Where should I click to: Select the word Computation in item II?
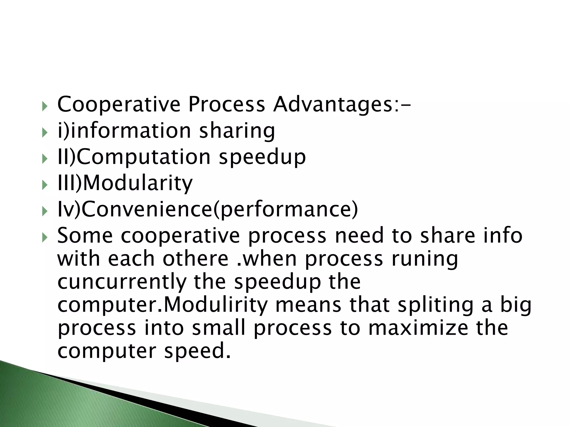(143, 157)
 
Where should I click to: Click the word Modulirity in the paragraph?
(214, 305)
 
